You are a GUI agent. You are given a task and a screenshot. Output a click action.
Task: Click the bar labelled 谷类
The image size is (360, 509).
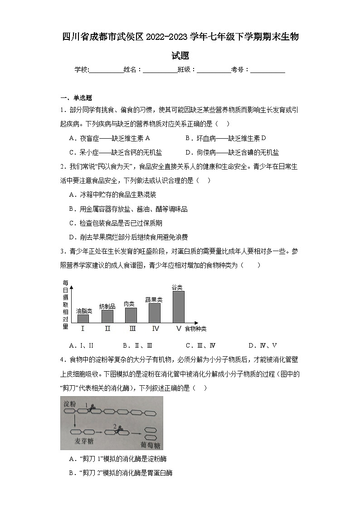178,306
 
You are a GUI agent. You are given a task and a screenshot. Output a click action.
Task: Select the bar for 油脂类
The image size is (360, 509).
83,318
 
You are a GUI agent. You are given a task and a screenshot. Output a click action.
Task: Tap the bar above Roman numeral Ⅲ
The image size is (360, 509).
131,315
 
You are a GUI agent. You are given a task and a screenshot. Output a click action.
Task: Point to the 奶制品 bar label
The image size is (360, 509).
107,306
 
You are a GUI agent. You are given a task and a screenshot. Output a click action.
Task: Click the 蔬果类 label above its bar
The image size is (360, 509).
154,300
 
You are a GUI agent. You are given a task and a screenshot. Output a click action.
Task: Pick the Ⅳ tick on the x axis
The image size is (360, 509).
156,329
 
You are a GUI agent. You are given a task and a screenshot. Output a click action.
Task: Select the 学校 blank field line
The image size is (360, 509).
106,70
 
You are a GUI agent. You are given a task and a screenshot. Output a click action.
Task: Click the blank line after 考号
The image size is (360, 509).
268,70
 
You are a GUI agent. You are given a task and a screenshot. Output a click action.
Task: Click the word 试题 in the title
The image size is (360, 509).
180,56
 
